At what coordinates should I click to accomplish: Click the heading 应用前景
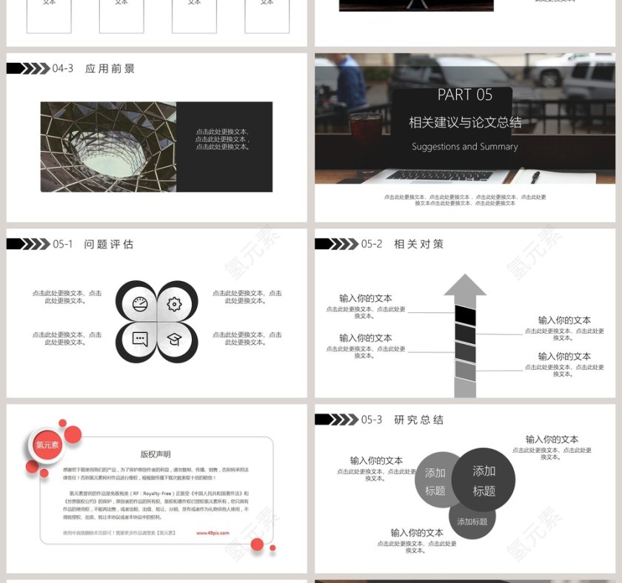pos(110,69)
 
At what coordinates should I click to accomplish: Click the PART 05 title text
pos(464,95)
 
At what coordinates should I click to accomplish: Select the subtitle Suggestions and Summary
pos(464,146)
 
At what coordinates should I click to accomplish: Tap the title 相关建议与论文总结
pos(464,122)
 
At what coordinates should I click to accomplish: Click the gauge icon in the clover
pos(140,304)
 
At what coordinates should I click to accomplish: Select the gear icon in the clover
pos(174,304)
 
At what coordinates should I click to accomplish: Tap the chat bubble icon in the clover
pos(140,339)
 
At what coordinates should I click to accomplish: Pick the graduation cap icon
pos(174,339)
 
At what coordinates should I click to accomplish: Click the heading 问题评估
pos(109,244)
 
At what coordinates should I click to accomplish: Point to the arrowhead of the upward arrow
pos(465,286)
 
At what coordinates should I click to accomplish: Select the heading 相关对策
pos(418,244)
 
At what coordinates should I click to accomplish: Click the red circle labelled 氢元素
pos(47,445)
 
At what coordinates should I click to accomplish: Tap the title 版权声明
pos(155,454)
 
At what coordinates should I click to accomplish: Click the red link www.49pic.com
pos(213,533)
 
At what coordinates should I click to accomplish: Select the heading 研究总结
pos(418,420)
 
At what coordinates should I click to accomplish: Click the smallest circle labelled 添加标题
pos(472,522)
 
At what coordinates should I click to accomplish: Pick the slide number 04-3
pos(63,69)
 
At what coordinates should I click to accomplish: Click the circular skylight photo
pos(108,146)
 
